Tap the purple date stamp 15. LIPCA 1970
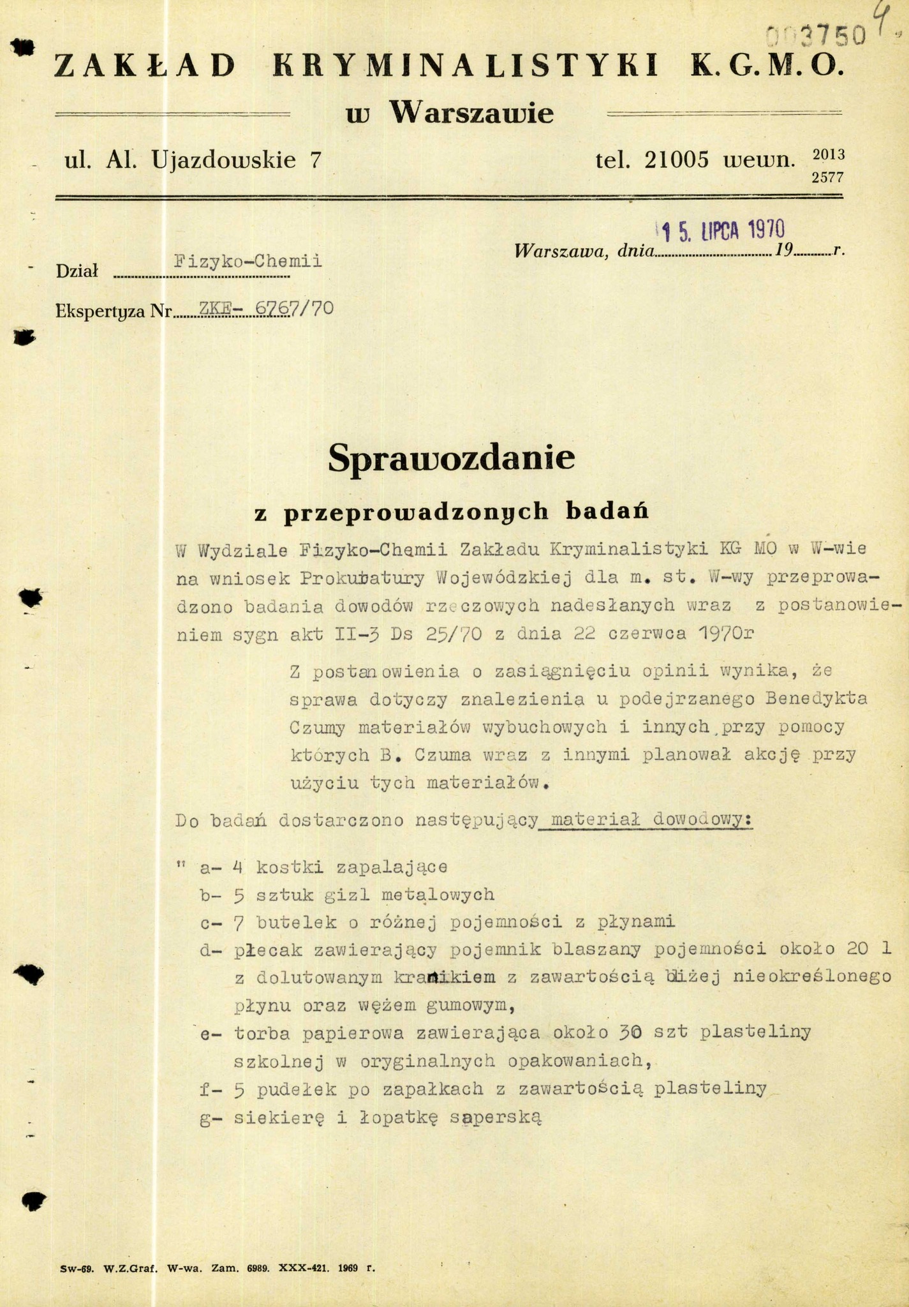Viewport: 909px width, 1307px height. (721, 229)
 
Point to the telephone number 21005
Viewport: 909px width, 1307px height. (676, 160)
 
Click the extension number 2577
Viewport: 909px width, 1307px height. (827, 178)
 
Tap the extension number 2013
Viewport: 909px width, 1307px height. (827, 154)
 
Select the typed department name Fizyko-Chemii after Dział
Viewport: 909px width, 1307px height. (248, 262)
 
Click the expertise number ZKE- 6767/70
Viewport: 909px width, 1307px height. (267, 308)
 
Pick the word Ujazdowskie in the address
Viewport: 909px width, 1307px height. (224, 160)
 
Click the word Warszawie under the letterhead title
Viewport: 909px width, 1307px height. (471, 114)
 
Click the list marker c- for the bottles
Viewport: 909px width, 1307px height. (209, 922)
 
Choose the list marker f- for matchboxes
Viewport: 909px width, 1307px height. (209, 1089)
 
